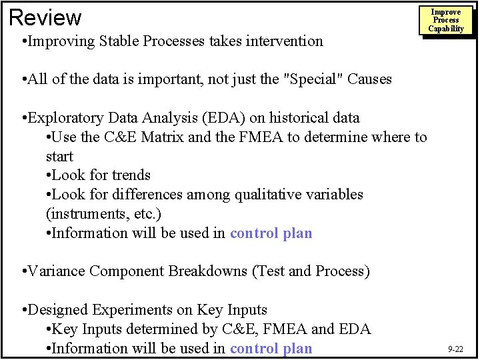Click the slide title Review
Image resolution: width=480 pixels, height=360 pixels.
click(x=45, y=17)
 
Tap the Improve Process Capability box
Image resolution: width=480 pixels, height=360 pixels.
click(x=446, y=21)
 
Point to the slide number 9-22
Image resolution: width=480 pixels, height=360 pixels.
click(x=456, y=349)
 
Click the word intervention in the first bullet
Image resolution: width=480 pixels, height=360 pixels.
click(x=284, y=41)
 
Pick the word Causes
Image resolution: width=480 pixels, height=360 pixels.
click(x=369, y=79)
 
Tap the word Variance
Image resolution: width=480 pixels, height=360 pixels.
click(x=57, y=271)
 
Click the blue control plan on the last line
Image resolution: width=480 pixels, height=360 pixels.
click(x=271, y=349)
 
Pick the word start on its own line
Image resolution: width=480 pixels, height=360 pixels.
click(x=59, y=157)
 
